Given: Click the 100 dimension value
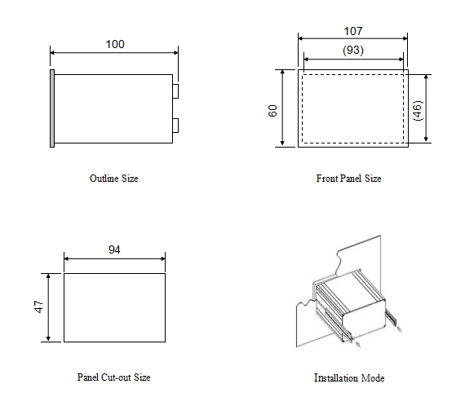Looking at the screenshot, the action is pyautogui.click(x=115, y=45).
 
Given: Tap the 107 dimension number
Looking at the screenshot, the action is pyautogui.click(x=353, y=31).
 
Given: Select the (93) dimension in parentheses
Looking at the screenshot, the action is pyautogui.click(x=353, y=50).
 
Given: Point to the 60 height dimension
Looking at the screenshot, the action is pyautogui.click(x=272, y=111).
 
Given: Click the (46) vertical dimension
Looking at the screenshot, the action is pyautogui.click(x=417, y=111).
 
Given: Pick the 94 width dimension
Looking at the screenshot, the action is pyautogui.click(x=114, y=249).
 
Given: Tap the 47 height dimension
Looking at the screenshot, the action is pyautogui.click(x=39, y=307).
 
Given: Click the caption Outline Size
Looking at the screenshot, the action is pyautogui.click(x=114, y=179).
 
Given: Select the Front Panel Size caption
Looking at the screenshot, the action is pyautogui.click(x=349, y=179).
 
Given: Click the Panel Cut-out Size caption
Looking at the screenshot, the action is pyautogui.click(x=114, y=377).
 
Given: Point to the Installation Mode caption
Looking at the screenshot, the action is pyautogui.click(x=349, y=377).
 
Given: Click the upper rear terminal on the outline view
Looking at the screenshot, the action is pyautogui.click(x=175, y=91).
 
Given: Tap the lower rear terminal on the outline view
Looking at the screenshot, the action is pyautogui.click(x=175, y=126).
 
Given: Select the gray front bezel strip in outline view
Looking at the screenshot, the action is pyautogui.click(x=52, y=108).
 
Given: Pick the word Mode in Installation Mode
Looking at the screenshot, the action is pyautogui.click(x=373, y=377).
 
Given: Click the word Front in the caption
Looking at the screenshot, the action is pyautogui.click(x=327, y=179).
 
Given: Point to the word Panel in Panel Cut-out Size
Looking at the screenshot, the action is pyautogui.click(x=88, y=377).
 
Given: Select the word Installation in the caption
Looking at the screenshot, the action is pyautogui.click(x=336, y=377).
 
